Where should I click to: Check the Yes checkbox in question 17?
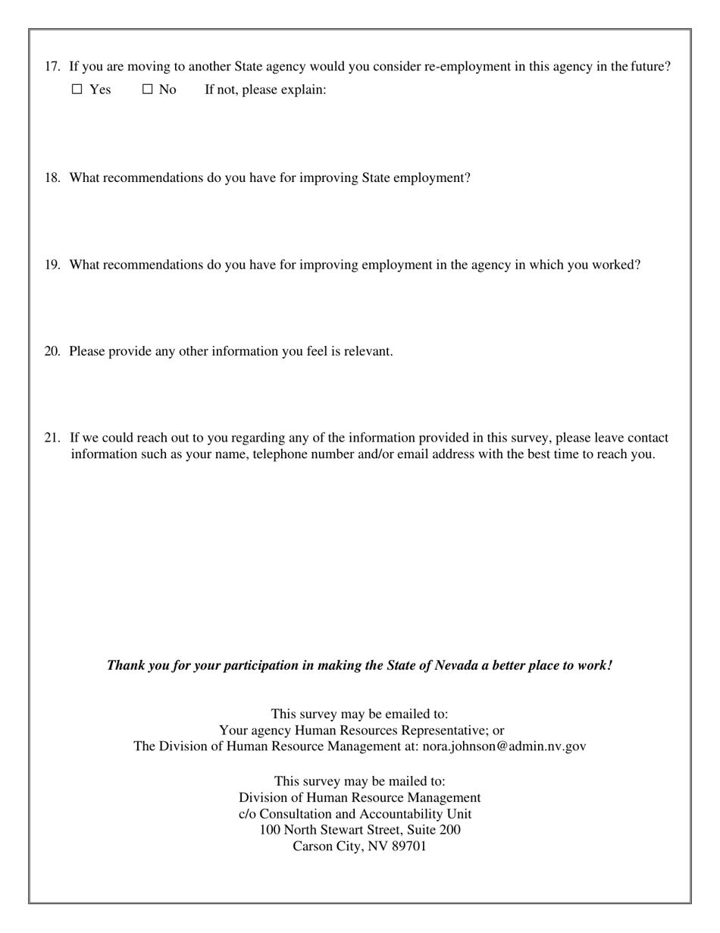[77, 90]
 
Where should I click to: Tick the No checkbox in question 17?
[148, 90]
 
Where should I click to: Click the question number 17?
[52, 67]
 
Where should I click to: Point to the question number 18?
[52, 178]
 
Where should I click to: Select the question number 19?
[52, 265]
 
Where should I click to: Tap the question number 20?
[52, 352]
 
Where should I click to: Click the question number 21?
[52, 438]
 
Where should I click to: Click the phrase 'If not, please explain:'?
[265, 90]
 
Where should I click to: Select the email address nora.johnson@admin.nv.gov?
[504, 746]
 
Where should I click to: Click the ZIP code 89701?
[409, 847]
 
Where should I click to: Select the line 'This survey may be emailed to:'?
[359, 715]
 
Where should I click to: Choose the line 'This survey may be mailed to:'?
[359, 781]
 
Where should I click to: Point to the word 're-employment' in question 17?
[468, 67]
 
